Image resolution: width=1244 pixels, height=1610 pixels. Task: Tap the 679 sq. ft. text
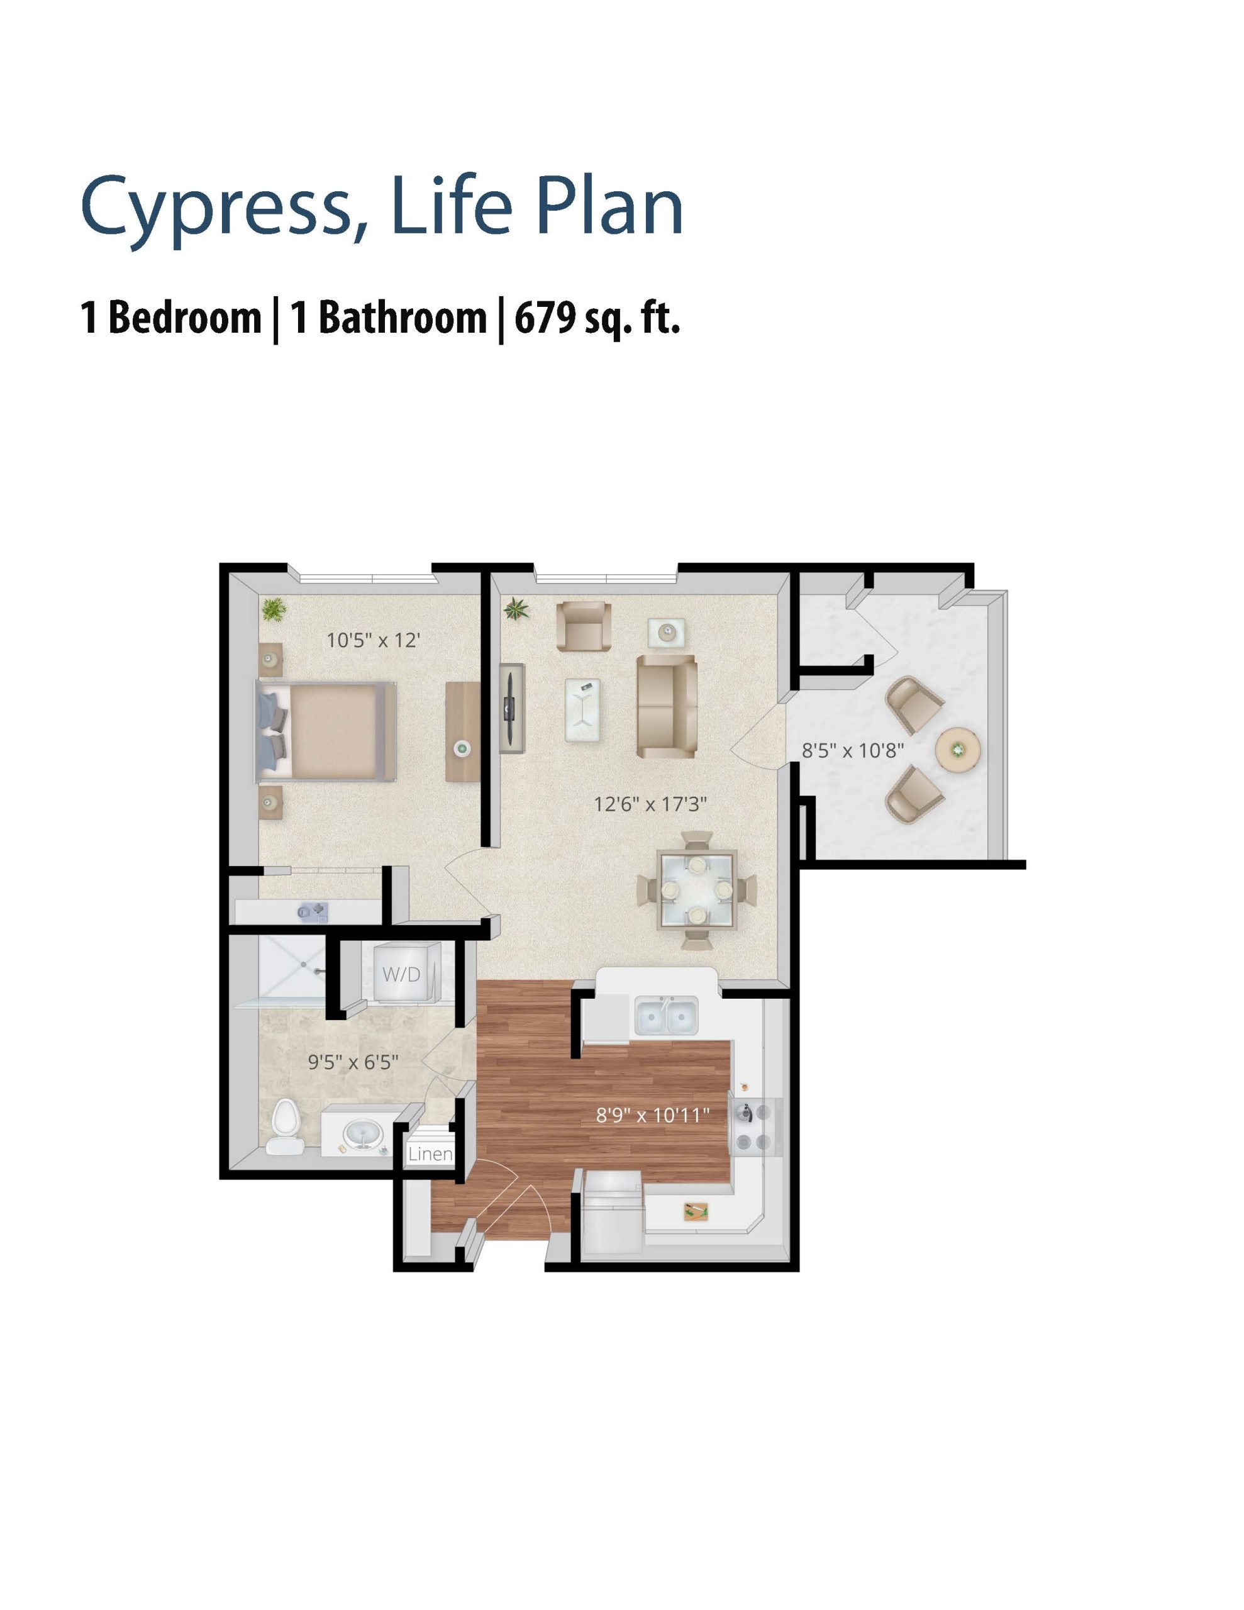[x=596, y=318]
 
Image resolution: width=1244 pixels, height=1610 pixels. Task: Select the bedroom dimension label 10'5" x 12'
[x=373, y=640]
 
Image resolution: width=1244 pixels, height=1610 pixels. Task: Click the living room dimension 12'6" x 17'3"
[x=650, y=804]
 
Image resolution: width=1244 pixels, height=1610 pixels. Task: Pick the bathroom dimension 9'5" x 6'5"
[x=353, y=1062]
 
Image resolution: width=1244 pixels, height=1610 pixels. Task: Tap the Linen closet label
[x=430, y=1153]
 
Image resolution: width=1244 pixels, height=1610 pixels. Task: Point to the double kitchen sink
[x=667, y=1016]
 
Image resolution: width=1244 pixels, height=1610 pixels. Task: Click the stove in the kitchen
[x=755, y=1124]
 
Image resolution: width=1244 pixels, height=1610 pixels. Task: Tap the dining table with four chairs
[x=697, y=891]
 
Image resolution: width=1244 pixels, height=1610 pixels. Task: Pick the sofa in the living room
[x=667, y=706]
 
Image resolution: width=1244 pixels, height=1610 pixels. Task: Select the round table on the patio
[x=957, y=750]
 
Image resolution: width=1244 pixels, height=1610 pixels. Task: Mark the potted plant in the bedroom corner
[x=274, y=609]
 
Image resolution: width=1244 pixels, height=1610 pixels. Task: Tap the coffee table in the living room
[x=582, y=709]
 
